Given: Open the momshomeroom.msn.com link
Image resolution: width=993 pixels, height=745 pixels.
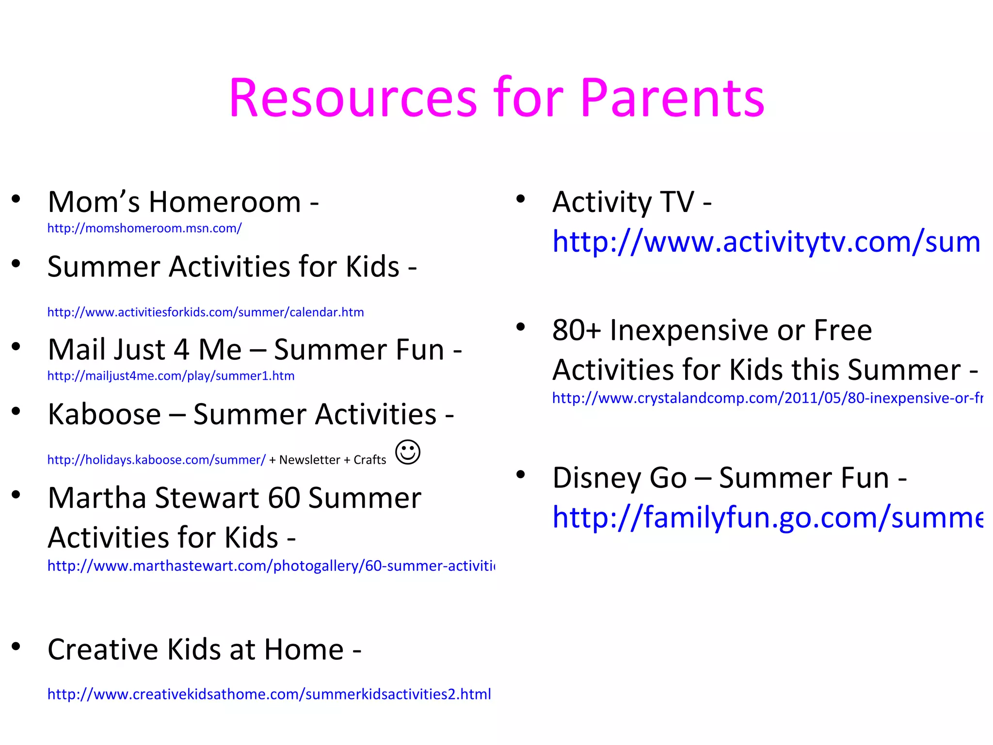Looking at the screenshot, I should click(x=144, y=228).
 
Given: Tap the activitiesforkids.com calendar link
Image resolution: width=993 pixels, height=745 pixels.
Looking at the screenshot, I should click(x=205, y=312).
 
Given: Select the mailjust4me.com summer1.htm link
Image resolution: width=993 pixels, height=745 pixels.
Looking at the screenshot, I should click(x=171, y=376).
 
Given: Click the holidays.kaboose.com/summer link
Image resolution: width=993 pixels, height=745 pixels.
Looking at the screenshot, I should click(x=156, y=460).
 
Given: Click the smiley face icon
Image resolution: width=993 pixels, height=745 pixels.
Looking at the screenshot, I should click(x=408, y=452).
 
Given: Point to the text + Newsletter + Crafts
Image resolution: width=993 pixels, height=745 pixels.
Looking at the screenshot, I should click(x=328, y=460).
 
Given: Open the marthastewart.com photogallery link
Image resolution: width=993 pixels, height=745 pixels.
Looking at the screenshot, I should click(x=271, y=566).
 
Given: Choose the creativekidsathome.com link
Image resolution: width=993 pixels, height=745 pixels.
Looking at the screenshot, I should click(x=269, y=694).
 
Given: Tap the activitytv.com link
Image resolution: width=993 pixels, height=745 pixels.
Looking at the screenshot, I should click(x=766, y=242).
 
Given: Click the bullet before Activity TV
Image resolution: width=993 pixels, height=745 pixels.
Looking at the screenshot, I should click(x=520, y=199).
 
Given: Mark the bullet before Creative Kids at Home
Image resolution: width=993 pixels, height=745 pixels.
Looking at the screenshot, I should click(x=16, y=646).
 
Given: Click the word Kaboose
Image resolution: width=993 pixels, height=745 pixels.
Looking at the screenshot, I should click(x=104, y=415).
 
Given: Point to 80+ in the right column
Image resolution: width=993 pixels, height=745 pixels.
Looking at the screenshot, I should click(x=577, y=330).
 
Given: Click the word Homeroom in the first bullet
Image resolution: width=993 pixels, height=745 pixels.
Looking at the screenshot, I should click(x=224, y=202).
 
